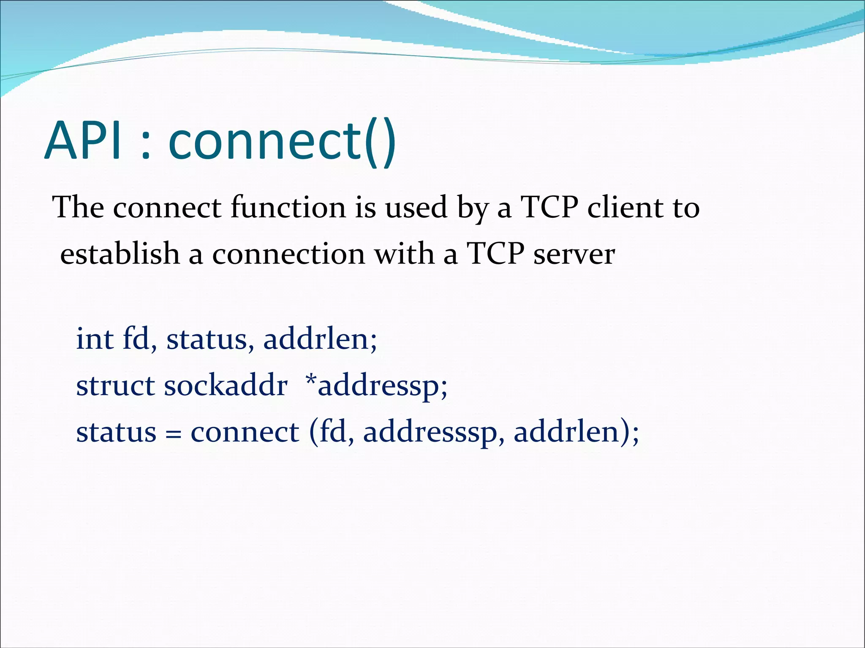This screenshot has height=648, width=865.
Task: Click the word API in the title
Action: (x=84, y=140)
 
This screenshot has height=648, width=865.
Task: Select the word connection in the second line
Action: (x=288, y=255)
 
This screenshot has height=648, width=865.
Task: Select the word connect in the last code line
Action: (x=245, y=433)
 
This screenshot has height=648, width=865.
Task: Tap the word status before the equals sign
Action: (x=116, y=433)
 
